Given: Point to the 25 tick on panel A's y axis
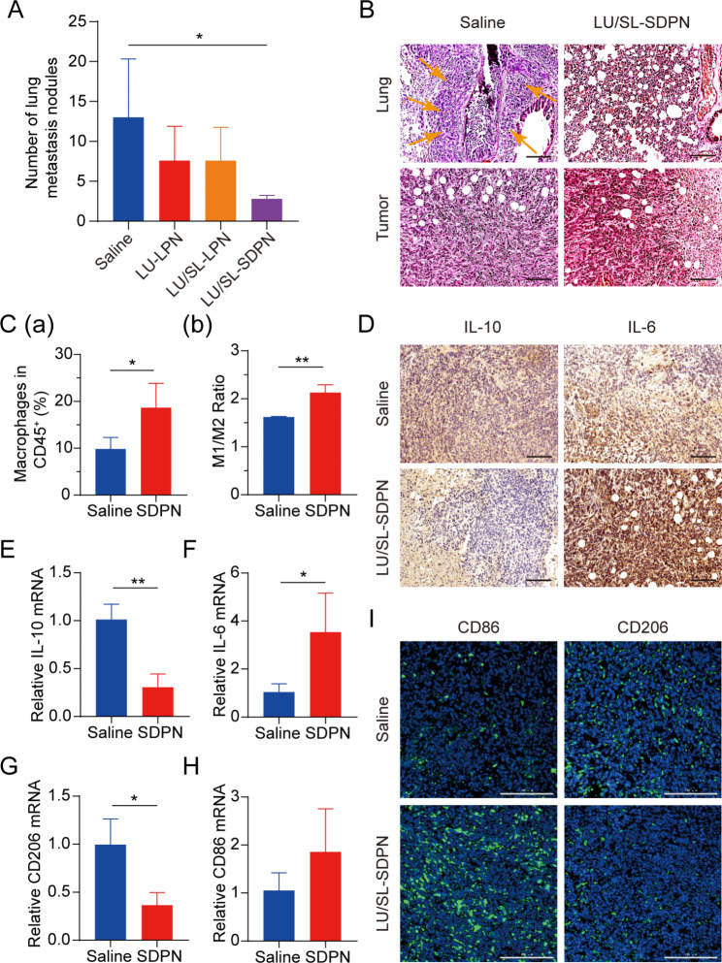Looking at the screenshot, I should click(62, 20).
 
